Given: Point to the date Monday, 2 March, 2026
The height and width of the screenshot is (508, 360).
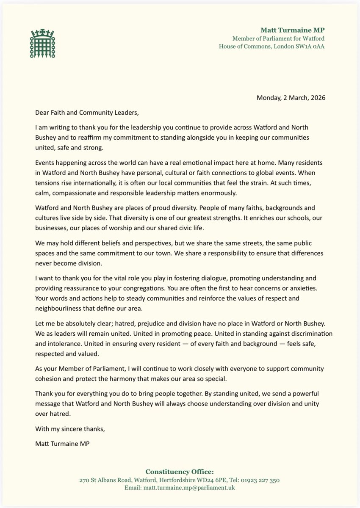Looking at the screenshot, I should pos(291,98).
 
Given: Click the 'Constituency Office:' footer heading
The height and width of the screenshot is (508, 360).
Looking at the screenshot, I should pos(180,472).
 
